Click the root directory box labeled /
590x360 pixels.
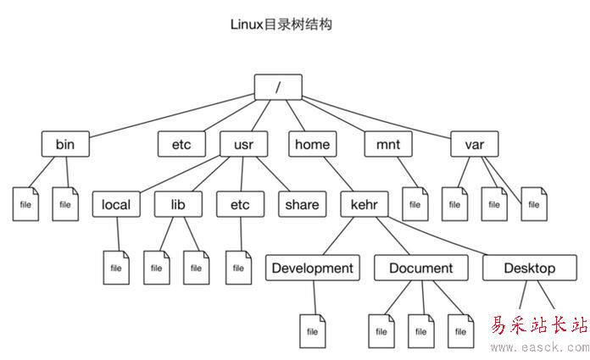[x=278, y=86]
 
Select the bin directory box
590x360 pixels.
[x=65, y=144]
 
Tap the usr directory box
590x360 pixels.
[x=243, y=144]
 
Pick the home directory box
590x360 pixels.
[x=312, y=144]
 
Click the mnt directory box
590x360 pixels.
[x=388, y=144]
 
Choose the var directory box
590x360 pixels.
[x=474, y=144]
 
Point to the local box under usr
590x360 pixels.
[x=116, y=204]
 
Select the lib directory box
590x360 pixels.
[x=178, y=204]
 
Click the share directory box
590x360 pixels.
[x=302, y=204]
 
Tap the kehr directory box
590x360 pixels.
[x=365, y=204]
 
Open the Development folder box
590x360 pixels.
[x=310, y=269]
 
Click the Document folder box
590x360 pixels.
[x=420, y=269]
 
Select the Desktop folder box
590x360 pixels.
[x=529, y=269]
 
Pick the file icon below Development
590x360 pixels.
[x=312, y=331]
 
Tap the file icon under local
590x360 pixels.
[x=116, y=268]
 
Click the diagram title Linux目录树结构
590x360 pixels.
[x=281, y=25]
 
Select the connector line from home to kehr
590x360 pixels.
[x=338, y=174]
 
